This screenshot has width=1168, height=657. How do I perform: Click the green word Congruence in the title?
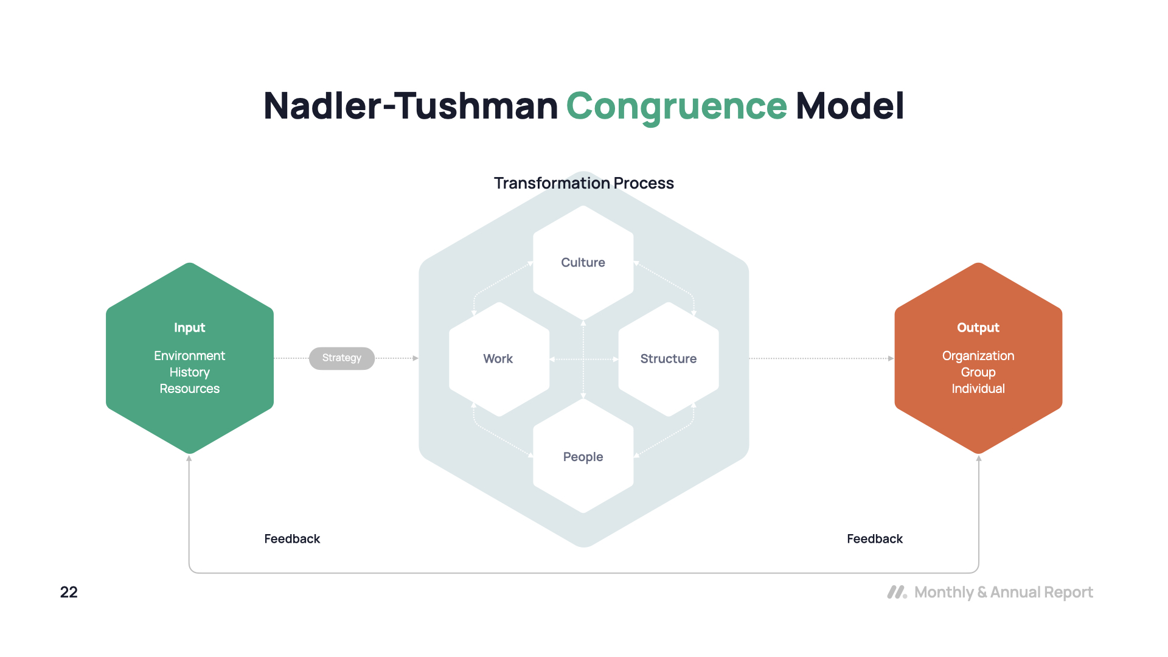(676, 106)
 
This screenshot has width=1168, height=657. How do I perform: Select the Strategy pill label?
(341, 358)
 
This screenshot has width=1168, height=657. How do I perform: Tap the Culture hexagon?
(583, 263)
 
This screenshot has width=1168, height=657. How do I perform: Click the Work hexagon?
(498, 359)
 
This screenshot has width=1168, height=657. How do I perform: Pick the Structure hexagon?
(668, 359)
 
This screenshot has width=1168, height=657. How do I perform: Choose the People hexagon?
(583, 457)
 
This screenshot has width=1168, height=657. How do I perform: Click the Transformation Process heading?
(583, 183)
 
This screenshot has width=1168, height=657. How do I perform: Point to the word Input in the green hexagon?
(189, 328)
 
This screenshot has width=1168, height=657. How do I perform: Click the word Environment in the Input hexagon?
(189, 356)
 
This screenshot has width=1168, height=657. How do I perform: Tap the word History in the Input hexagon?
(189, 372)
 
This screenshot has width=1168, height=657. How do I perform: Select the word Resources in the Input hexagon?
(189, 389)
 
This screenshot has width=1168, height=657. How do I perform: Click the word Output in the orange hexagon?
(978, 328)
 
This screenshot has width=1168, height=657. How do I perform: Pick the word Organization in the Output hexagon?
(978, 356)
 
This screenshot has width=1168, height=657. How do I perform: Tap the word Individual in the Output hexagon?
(978, 389)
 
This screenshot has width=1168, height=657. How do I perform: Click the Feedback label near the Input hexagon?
(292, 539)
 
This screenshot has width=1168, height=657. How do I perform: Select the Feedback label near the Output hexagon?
(874, 539)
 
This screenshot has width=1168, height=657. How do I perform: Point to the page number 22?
(69, 593)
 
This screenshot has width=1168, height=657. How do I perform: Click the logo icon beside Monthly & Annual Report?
(897, 593)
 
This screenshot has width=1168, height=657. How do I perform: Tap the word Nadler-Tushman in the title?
(411, 106)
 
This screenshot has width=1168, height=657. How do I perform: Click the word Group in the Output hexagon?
(978, 372)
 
